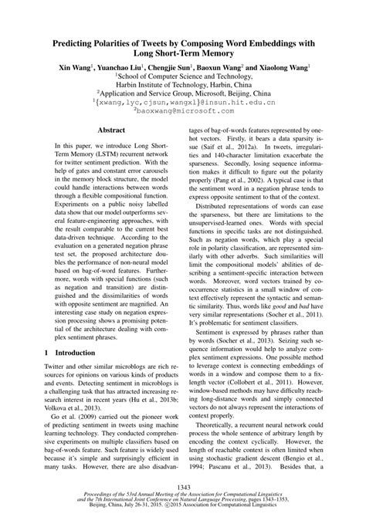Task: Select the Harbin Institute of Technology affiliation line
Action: (x=182, y=89)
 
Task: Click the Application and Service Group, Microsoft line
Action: (x=182, y=99)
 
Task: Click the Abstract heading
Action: (x=103, y=154)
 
